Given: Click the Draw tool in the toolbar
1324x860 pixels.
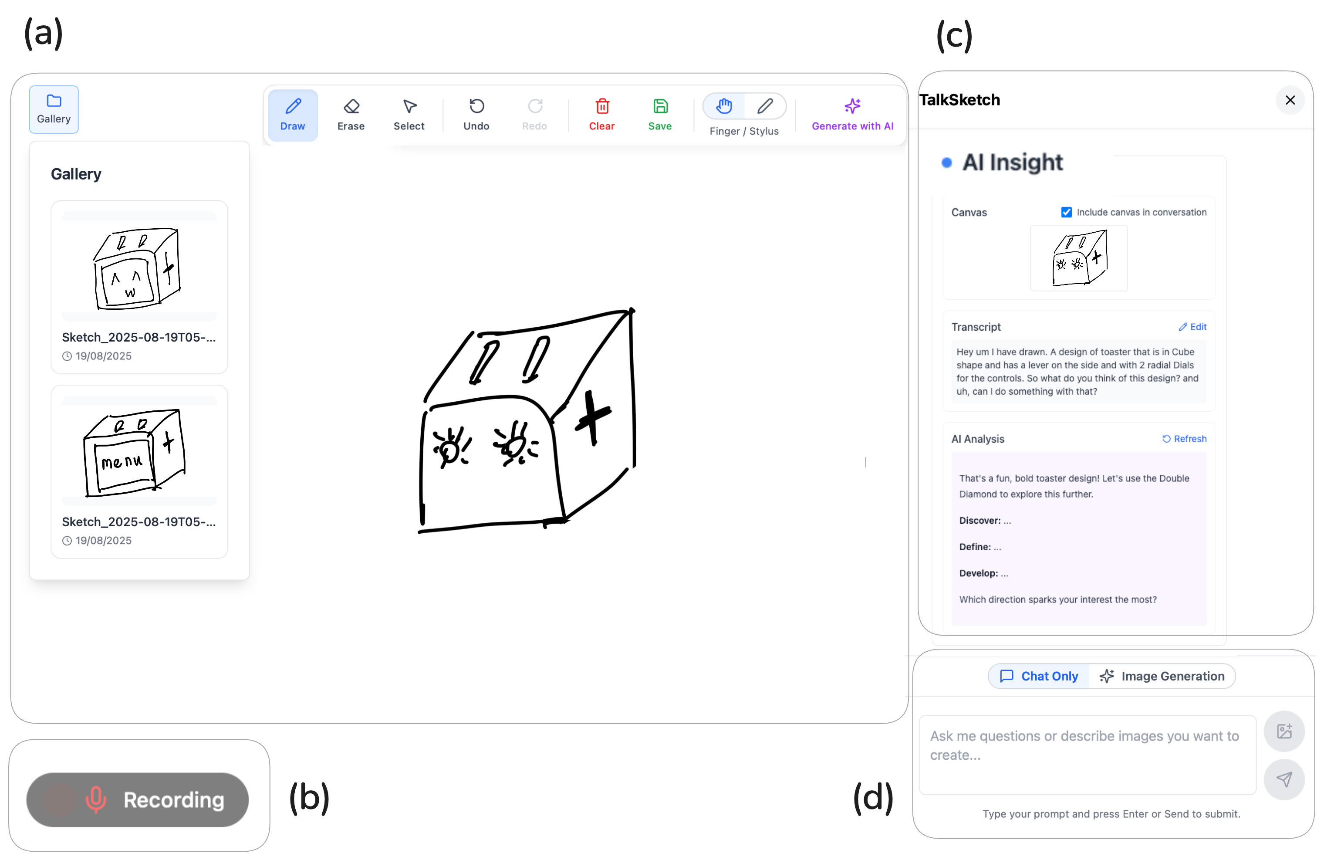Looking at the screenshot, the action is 293,115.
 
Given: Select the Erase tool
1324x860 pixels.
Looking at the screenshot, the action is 351,115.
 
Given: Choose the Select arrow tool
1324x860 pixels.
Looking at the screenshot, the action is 409,115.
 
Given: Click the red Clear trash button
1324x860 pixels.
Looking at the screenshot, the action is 602,115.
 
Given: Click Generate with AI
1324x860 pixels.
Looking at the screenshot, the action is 852,115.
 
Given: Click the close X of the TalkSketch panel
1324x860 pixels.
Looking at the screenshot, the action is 1290,100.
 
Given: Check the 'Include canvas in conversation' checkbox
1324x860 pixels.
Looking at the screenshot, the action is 1067,212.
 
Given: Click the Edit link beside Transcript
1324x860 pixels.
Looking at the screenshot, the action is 1193,327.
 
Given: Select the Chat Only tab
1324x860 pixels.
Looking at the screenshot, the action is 1039,676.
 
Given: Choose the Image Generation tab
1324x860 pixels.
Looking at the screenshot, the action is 1162,676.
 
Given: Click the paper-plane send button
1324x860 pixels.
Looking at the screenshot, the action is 1284,779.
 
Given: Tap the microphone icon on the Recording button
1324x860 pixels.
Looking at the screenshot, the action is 96,800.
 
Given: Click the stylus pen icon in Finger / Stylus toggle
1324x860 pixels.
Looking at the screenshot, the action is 765,106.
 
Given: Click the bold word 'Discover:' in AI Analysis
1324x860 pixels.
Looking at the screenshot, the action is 979,521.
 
